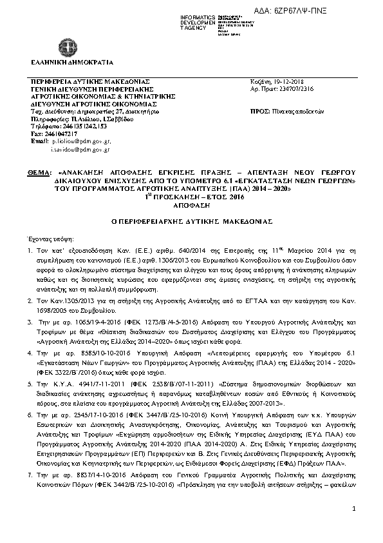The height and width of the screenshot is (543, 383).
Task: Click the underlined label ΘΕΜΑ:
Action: click(x=41, y=173)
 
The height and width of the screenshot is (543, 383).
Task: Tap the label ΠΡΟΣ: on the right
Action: click(x=257, y=111)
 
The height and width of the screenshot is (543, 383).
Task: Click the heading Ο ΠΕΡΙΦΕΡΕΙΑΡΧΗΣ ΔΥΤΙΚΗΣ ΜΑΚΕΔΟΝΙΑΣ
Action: click(x=191, y=220)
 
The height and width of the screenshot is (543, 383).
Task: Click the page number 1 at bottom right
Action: click(x=355, y=528)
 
